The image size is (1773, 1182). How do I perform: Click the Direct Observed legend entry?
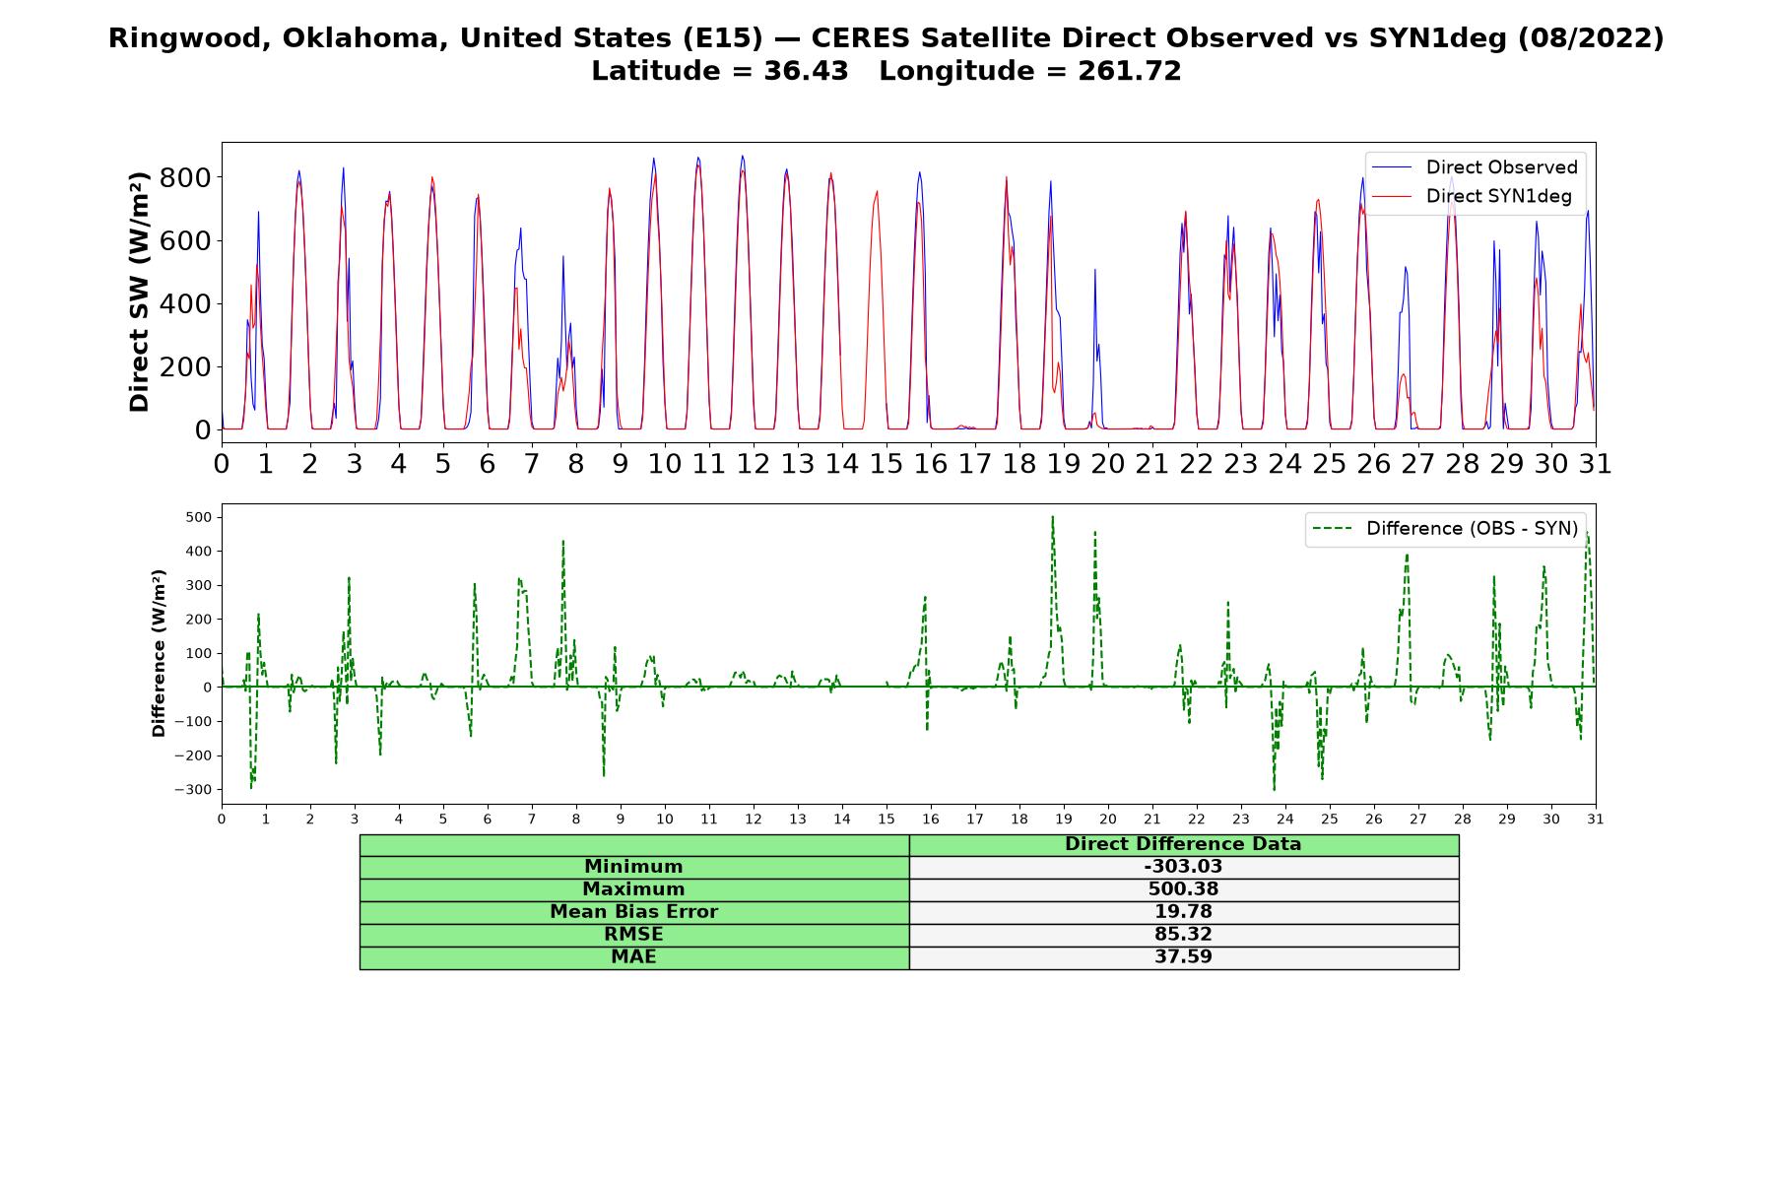coord(1475,167)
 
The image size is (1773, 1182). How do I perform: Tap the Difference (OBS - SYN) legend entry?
coord(1445,529)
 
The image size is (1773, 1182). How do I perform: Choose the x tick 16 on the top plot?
coord(931,463)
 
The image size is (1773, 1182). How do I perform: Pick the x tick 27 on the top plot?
coord(1418,463)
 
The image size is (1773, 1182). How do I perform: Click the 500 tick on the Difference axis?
coord(200,517)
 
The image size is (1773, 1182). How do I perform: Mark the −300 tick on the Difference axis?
coord(195,790)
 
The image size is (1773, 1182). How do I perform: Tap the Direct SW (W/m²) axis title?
coord(139,292)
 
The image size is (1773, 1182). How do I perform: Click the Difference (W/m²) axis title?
coord(159,653)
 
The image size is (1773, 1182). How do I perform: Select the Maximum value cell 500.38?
coord(1183,889)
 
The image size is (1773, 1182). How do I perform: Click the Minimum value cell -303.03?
coord(1183,867)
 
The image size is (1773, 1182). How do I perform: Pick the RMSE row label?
coord(634,935)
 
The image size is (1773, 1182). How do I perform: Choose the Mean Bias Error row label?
coord(634,912)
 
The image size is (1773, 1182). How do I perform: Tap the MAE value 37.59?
coord(1183,957)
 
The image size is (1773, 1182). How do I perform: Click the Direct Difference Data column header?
coord(1183,844)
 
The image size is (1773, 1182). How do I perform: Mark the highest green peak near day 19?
coord(1052,517)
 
